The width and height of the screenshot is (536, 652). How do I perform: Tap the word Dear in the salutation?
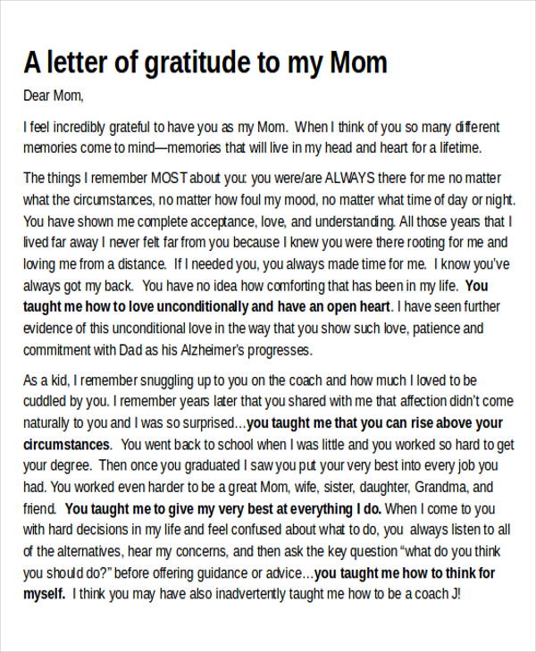coord(38,96)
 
